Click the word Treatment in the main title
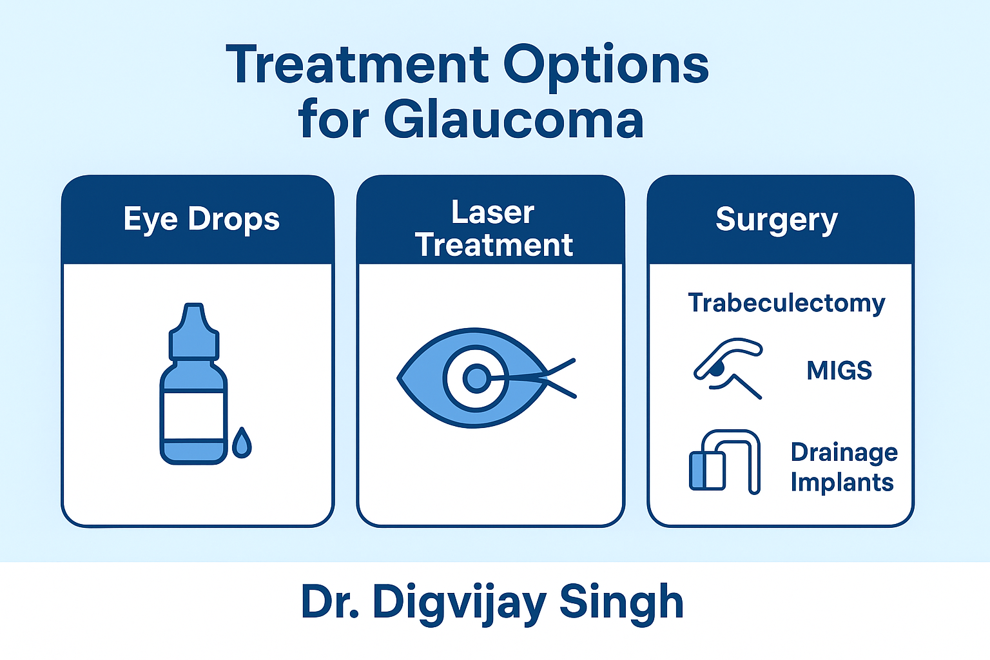pos(357,64)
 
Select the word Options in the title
pos(606,67)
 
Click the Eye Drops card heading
pos(202,220)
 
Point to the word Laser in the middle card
pos(493,213)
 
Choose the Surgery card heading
pos(777,220)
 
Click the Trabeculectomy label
pos(787,304)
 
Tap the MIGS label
pos(839,371)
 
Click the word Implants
pos(842,483)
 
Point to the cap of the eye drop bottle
pos(194,331)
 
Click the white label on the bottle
pos(193,416)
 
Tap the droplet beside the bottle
pos(242,443)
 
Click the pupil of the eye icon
pos(476,378)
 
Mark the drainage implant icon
pos(724,462)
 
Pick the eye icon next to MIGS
pos(728,369)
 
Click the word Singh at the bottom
pos(621,603)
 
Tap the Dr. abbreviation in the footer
pos(329,602)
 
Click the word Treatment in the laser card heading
pos(494,246)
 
